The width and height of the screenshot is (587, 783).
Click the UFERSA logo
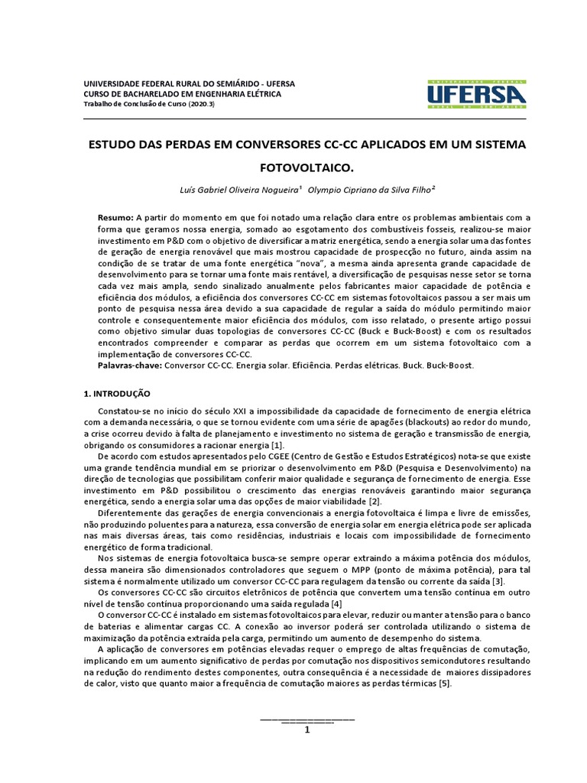(x=476, y=95)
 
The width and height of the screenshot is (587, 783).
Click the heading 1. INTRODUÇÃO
(x=117, y=394)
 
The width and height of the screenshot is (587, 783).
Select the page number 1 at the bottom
(x=307, y=729)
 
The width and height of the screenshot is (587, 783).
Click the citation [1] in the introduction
(x=277, y=446)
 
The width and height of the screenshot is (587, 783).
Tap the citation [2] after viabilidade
(x=373, y=501)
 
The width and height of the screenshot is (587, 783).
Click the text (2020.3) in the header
(x=199, y=104)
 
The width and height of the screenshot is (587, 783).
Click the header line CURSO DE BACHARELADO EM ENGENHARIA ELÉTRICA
(x=182, y=93)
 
